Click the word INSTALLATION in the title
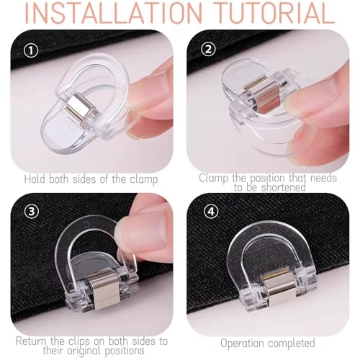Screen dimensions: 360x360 [114, 13]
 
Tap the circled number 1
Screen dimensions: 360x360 [32, 51]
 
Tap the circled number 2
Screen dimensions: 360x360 [208, 50]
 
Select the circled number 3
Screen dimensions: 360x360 [32, 211]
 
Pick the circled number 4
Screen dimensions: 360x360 [211, 211]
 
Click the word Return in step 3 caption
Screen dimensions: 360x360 [31, 341]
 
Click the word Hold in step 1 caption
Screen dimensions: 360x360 [35, 179]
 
